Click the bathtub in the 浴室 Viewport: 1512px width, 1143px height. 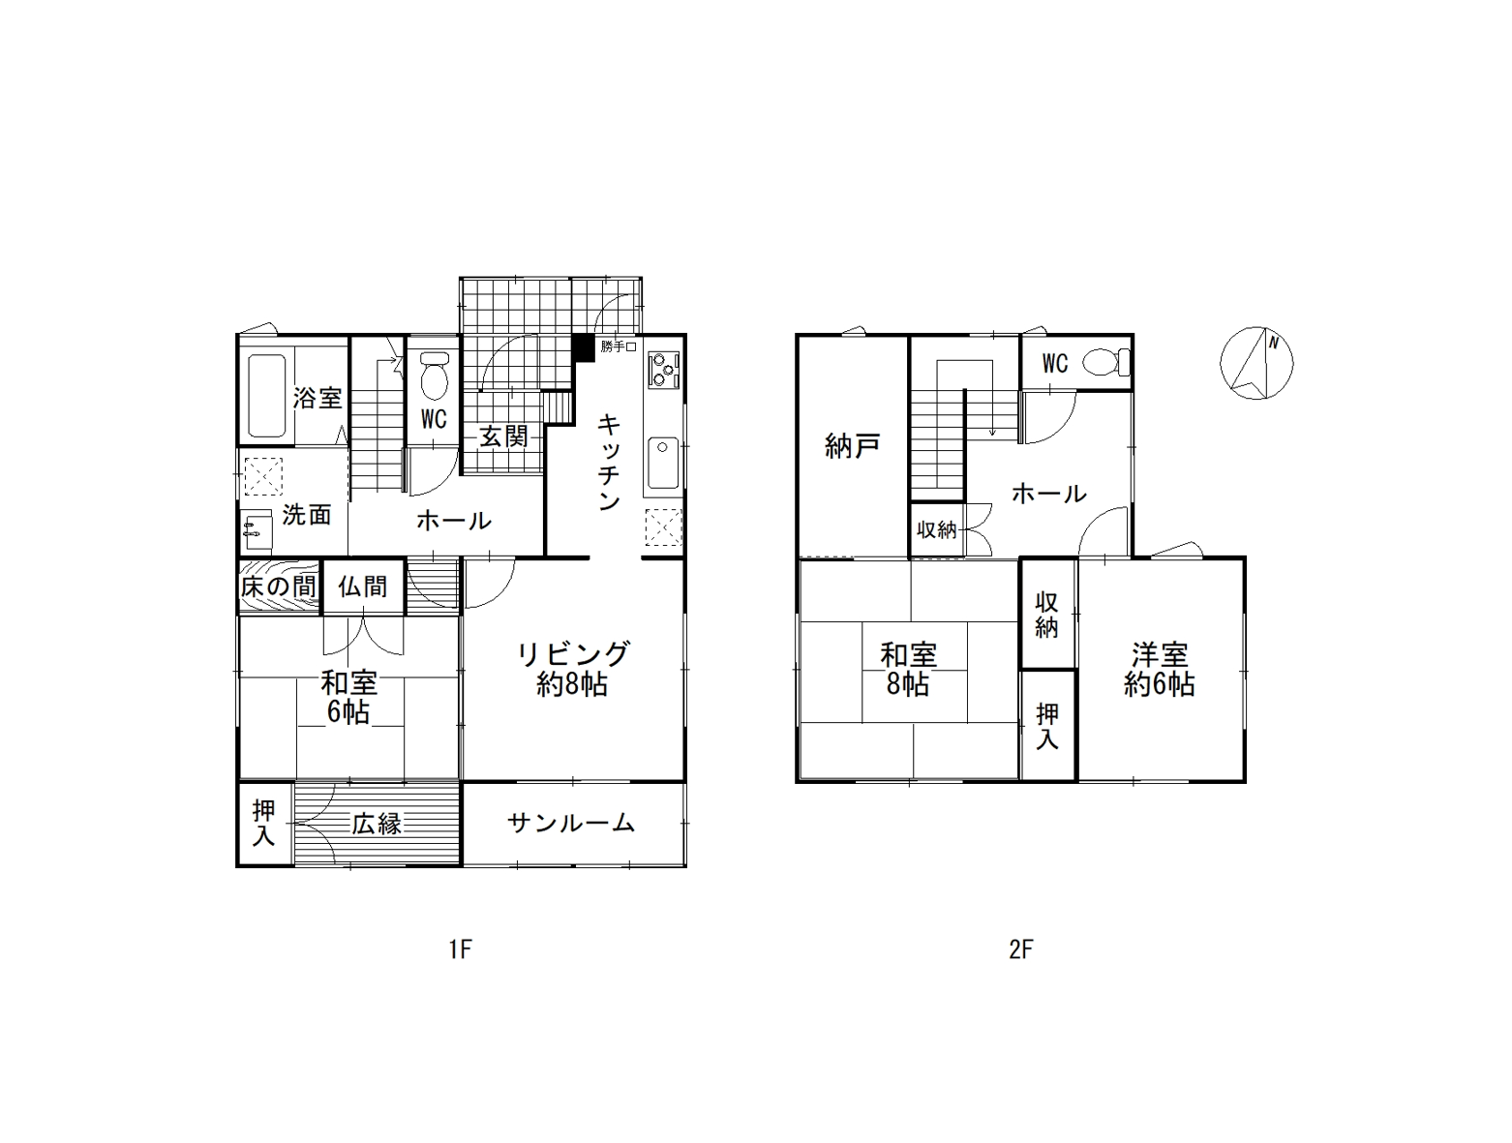(x=266, y=395)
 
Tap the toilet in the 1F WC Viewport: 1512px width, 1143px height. (x=434, y=376)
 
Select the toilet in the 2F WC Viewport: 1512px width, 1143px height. (x=1106, y=362)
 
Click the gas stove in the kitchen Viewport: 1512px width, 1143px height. (x=663, y=369)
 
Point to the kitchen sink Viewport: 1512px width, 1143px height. (x=663, y=463)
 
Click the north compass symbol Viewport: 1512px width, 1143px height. (x=1256, y=363)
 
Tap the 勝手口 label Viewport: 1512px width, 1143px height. (x=618, y=346)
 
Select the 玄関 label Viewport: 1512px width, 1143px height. (x=503, y=436)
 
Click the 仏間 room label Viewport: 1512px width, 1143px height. (x=362, y=587)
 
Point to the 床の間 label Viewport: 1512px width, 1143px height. (x=278, y=587)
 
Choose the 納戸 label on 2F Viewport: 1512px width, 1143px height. (x=852, y=447)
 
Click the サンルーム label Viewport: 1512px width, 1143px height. (x=570, y=822)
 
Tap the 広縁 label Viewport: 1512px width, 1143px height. (x=377, y=824)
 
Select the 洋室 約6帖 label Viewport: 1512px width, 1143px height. (x=1159, y=670)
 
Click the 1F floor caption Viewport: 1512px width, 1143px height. (x=460, y=950)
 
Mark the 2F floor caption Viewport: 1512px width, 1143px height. (x=1021, y=950)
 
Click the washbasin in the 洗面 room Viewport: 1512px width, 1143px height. (x=257, y=531)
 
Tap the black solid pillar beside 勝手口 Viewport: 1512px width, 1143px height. (x=584, y=347)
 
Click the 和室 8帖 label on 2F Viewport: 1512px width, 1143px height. (x=909, y=670)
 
